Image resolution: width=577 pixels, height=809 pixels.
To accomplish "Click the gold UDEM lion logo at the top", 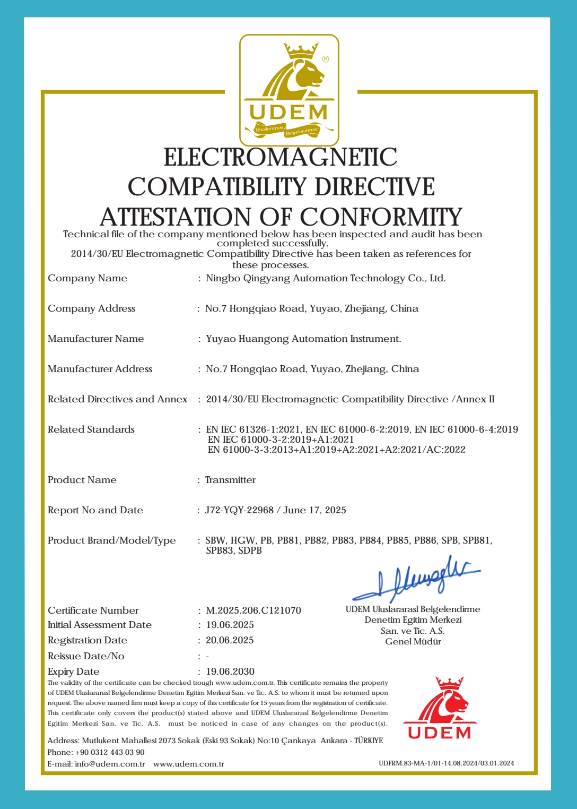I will (289, 90).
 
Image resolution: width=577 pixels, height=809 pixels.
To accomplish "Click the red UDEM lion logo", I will (440, 708).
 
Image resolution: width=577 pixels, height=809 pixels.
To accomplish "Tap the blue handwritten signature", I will (416, 578).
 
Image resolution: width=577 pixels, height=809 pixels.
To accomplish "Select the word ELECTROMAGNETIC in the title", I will (281, 157).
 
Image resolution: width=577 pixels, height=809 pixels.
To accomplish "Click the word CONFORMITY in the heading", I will (381, 217).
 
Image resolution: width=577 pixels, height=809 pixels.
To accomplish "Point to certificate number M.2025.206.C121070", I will (253, 610).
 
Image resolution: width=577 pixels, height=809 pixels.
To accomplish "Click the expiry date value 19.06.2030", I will (230, 672).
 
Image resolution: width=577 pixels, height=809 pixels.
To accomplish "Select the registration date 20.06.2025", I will (230, 640).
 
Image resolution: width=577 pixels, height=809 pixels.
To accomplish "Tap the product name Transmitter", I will (230, 480).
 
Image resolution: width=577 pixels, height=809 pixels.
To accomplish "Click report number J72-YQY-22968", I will (239, 510).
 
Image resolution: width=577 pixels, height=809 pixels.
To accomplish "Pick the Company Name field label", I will (88, 278).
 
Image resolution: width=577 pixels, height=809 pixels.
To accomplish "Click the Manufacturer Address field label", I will (100, 369).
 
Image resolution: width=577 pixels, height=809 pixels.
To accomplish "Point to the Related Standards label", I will (91, 429).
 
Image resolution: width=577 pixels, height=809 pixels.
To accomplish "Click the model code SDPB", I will (250, 550).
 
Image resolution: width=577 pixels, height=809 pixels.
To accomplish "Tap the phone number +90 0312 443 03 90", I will (110, 752).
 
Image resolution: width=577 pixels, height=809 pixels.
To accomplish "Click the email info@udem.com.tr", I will (110, 764).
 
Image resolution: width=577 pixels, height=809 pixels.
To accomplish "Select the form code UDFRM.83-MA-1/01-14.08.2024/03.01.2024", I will (446, 763).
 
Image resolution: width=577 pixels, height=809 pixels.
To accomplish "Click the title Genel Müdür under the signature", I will (413, 641).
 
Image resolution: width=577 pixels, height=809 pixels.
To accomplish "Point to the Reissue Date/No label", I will (86, 656).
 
